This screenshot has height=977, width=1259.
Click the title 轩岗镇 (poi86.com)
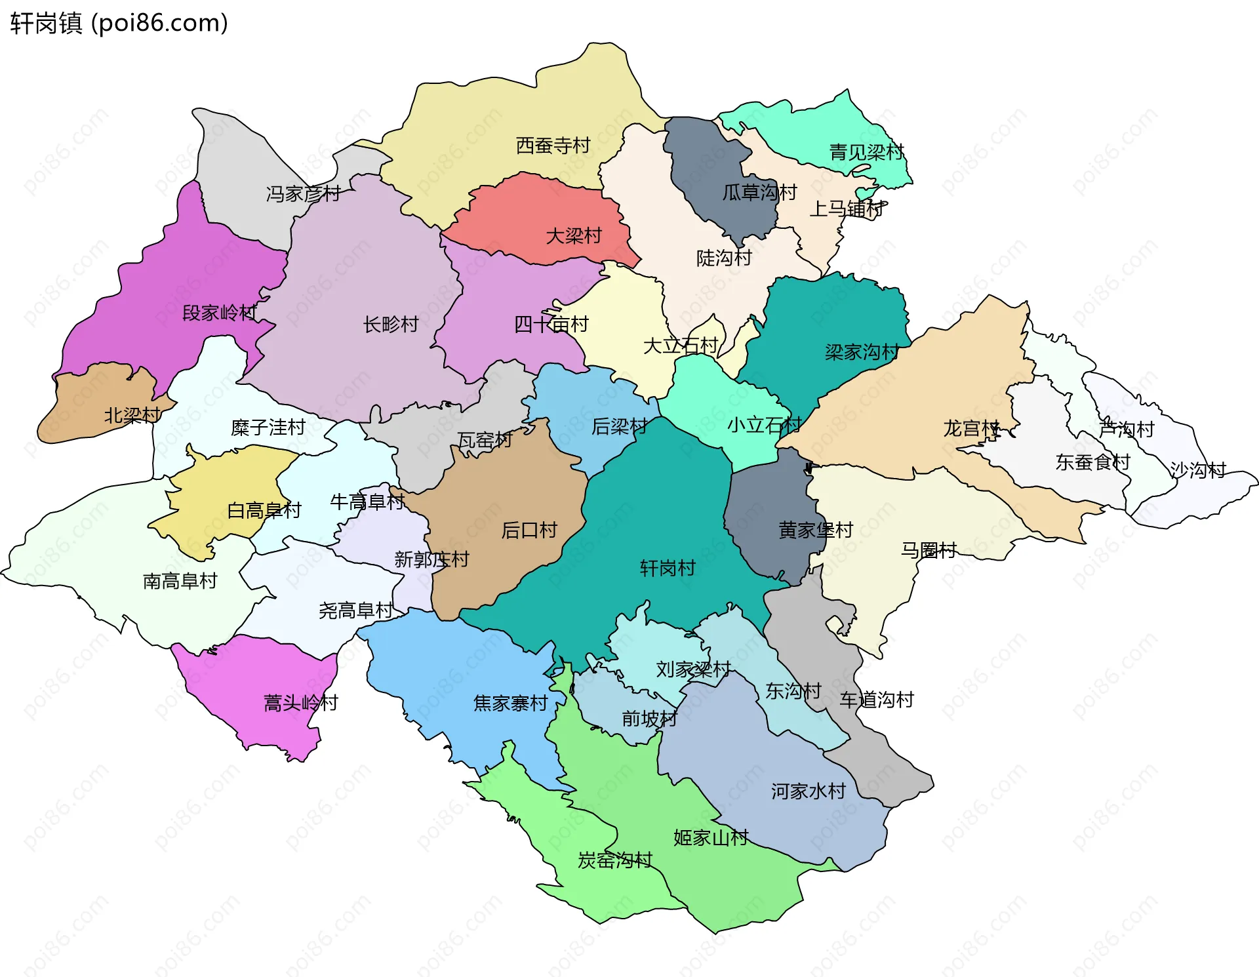(119, 23)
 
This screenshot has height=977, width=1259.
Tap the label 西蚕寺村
(553, 145)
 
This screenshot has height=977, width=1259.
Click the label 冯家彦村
(303, 193)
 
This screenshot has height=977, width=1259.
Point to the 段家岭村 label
(220, 313)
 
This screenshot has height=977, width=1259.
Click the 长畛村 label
(391, 324)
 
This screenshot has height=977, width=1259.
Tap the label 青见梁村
(866, 152)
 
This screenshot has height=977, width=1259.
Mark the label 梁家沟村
(862, 352)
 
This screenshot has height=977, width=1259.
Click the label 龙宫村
(971, 428)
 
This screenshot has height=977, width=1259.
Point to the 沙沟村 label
(1198, 469)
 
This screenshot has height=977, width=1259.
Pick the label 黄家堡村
(815, 530)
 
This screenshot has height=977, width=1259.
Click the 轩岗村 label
(668, 568)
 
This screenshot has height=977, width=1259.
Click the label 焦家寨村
(510, 703)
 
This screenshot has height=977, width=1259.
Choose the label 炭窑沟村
(614, 860)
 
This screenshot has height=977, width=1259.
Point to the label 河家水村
(808, 791)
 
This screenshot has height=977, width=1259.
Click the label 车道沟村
(877, 700)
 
